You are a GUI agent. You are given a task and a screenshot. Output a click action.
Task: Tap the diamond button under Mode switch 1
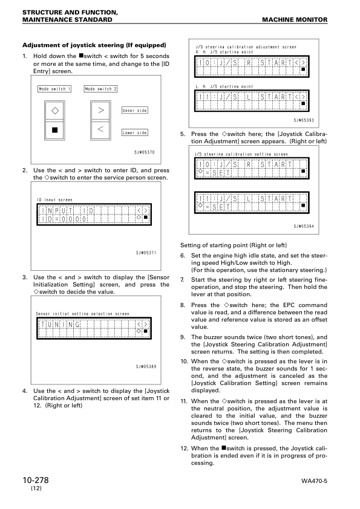coord(55,111)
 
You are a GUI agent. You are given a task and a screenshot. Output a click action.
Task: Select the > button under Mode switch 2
coord(101,111)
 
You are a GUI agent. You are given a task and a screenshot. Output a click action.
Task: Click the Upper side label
coord(134,111)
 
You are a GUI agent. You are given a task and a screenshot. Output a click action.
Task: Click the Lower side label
coord(134,132)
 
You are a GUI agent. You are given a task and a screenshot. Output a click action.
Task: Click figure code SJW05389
coord(145,366)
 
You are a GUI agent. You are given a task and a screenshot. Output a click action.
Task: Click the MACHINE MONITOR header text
coord(295,20)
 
